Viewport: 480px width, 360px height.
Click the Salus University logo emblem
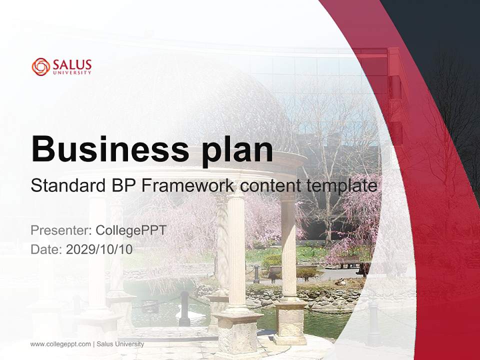[41, 66]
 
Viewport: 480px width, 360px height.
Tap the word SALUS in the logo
[72, 64]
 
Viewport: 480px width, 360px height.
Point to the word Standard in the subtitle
[66, 186]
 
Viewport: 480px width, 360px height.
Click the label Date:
[46, 249]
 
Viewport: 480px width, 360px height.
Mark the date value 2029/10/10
[99, 249]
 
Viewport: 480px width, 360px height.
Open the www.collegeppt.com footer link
[60, 344]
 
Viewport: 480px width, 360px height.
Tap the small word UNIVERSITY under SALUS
[72, 73]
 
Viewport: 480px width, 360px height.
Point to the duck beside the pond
[340, 282]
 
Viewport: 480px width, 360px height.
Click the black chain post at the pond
[184, 307]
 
